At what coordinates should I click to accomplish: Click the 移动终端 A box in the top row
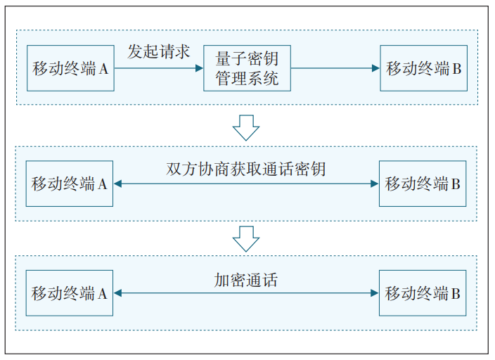pyautogui.click(x=70, y=68)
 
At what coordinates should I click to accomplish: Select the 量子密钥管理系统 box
pyautogui.click(x=247, y=68)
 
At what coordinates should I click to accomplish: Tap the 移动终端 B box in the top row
pyautogui.click(x=423, y=68)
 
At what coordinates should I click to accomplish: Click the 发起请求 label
pyautogui.click(x=158, y=52)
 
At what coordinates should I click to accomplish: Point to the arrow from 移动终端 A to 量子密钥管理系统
pyautogui.click(x=158, y=68)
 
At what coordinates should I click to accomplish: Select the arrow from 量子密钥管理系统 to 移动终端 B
pyautogui.click(x=335, y=68)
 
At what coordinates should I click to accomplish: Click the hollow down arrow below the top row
pyautogui.click(x=246, y=127)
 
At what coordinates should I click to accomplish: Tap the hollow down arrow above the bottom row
pyautogui.click(x=246, y=238)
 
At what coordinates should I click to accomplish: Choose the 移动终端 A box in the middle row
pyautogui.click(x=70, y=184)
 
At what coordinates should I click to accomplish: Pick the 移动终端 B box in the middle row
pyautogui.click(x=423, y=184)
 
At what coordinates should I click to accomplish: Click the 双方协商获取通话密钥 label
pyautogui.click(x=246, y=169)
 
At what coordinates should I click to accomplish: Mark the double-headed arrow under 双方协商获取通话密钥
pyautogui.click(x=246, y=184)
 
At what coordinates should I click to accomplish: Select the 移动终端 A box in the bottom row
pyautogui.click(x=70, y=293)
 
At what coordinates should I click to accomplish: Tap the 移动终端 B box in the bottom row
pyautogui.click(x=423, y=293)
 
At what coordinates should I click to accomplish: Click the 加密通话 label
pyautogui.click(x=246, y=280)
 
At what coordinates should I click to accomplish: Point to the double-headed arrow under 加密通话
pyautogui.click(x=246, y=293)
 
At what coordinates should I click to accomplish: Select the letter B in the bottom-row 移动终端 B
pyautogui.click(x=456, y=294)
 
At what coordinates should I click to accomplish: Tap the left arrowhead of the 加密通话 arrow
pyautogui.click(x=118, y=293)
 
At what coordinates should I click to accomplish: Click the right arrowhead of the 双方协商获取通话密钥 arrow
pyautogui.click(x=375, y=184)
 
